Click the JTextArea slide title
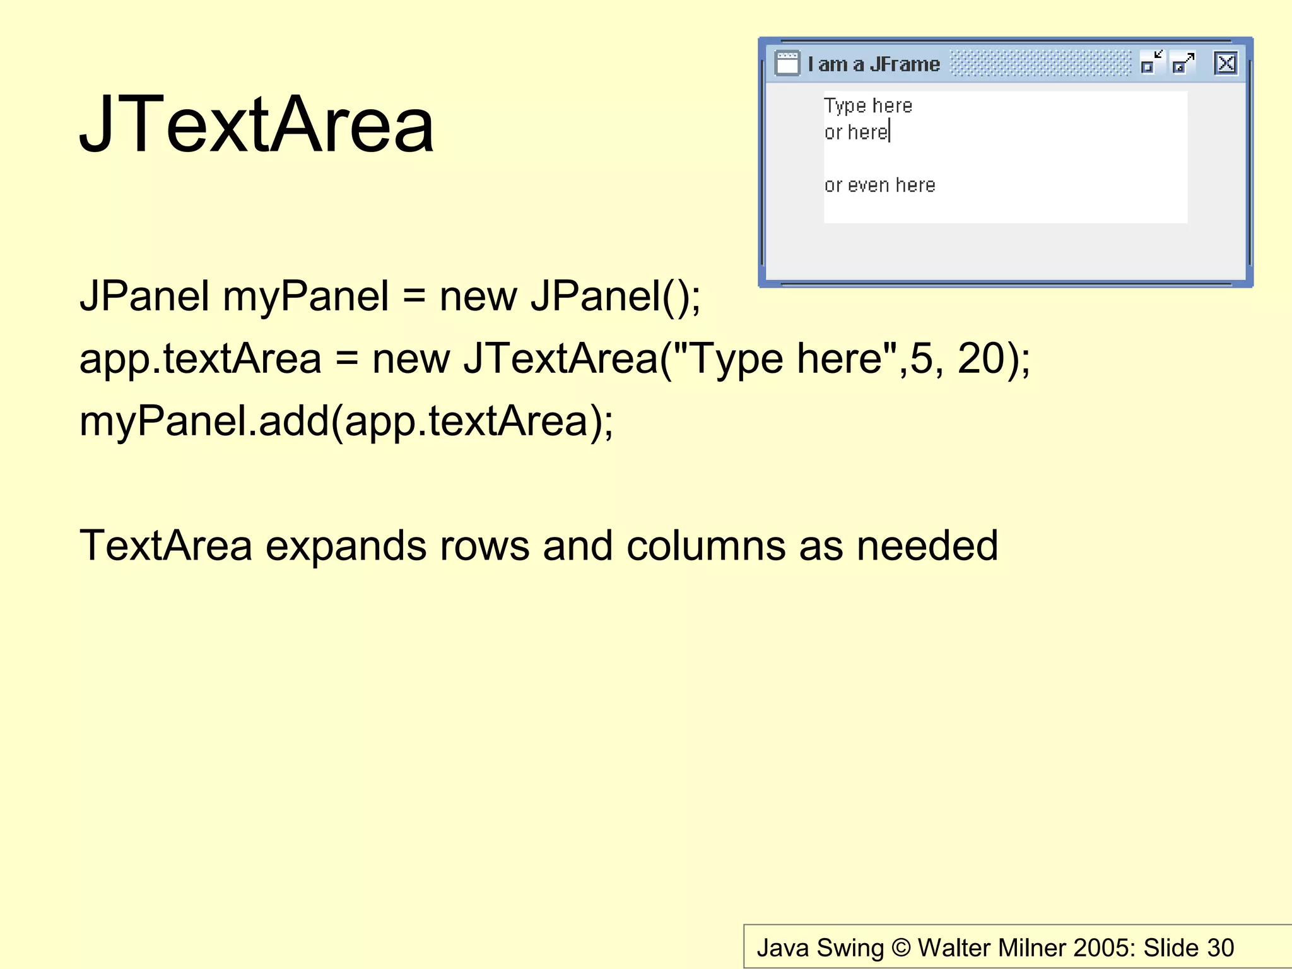(x=257, y=124)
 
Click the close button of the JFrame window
(x=1225, y=64)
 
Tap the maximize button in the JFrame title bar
(x=1183, y=64)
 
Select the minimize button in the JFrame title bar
(x=1151, y=64)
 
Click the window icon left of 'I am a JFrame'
(x=787, y=64)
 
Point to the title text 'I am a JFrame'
(x=874, y=64)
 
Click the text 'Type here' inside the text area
(x=868, y=105)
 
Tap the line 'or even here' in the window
(x=879, y=185)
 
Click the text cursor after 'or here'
(x=890, y=132)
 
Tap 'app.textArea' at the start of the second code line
(x=200, y=358)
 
